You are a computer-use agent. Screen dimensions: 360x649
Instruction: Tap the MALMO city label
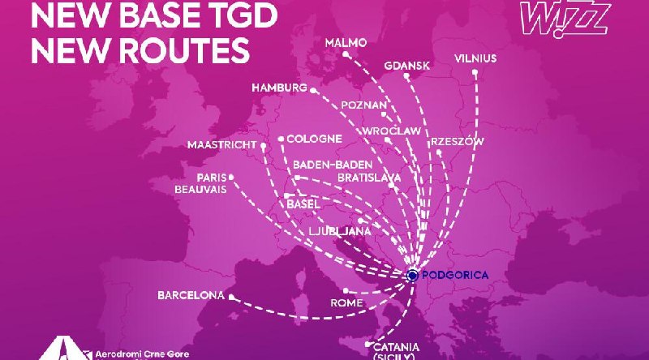(x=346, y=42)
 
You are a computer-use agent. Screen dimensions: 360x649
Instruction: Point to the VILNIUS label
(x=475, y=58)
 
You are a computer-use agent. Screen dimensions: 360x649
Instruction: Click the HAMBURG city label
(x=279, y=87)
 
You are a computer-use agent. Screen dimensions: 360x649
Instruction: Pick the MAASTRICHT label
(x=221, y=145)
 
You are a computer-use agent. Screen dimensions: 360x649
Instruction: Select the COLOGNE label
(x=312, y=139)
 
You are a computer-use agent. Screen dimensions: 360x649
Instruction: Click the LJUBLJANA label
(x=340, y=231)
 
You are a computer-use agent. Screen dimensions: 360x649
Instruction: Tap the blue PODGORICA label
(x=457, y=276)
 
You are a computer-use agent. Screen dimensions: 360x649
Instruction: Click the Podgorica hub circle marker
(x=411, y=276)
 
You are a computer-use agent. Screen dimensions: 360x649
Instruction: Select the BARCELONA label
(x=191, y=295)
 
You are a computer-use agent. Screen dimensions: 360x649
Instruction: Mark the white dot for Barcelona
(x=231, y=297)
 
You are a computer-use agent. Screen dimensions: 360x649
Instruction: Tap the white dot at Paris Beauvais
(x=231, y=176)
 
